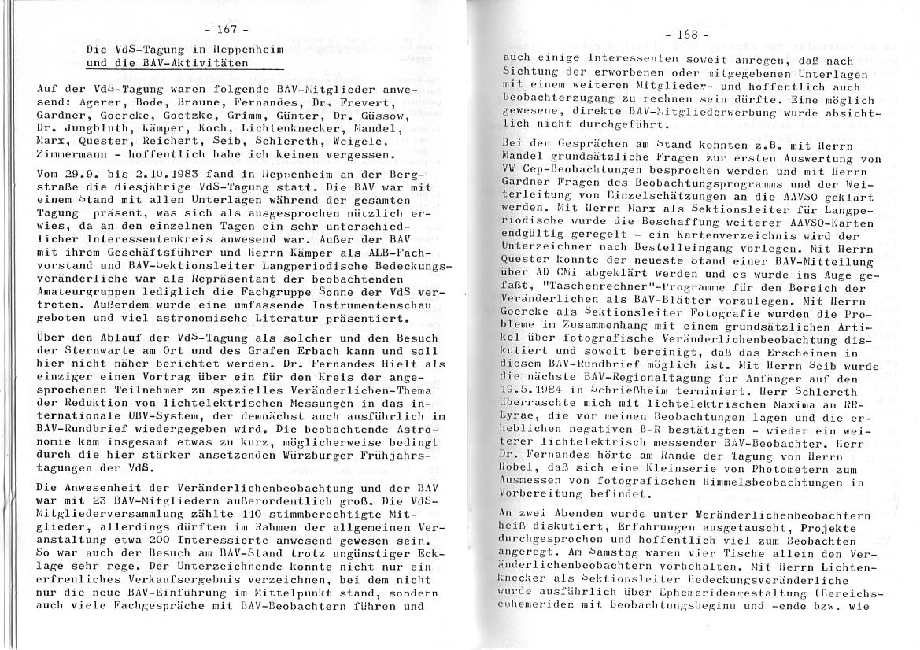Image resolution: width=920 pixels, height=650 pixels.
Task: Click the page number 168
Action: pyautogui.click(x=686, y=35)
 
